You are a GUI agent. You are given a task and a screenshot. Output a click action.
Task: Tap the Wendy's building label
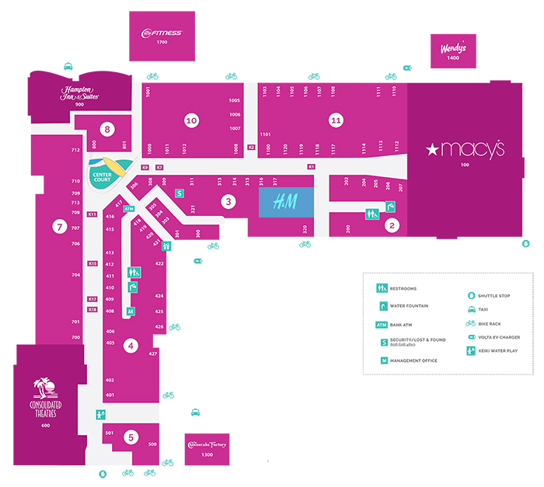pos(453,49)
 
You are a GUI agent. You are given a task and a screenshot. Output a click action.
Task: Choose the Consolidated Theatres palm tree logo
pos(45,388)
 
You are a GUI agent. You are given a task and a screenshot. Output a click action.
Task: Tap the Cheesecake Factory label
pos(206,445)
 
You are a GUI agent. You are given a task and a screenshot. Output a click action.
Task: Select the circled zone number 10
pos(191,120)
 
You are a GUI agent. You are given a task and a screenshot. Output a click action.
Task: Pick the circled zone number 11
pos(336,120)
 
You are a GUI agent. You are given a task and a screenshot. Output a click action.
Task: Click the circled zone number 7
pos(58,227)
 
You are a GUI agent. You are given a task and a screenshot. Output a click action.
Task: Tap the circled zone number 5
pos(131,437)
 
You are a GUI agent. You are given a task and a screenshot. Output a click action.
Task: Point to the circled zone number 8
pos(107,129)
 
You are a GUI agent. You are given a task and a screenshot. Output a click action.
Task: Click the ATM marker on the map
pos(130,209)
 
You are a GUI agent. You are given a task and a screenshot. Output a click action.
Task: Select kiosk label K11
pos(92,214)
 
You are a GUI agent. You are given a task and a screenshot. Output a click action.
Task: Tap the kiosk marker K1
pos(311,166)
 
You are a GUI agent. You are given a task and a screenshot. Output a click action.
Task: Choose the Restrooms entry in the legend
pos(382,289)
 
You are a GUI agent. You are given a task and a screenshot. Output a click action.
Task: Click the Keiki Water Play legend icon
pos(472,351)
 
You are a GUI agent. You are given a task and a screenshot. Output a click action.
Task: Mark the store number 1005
pos(235,101)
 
